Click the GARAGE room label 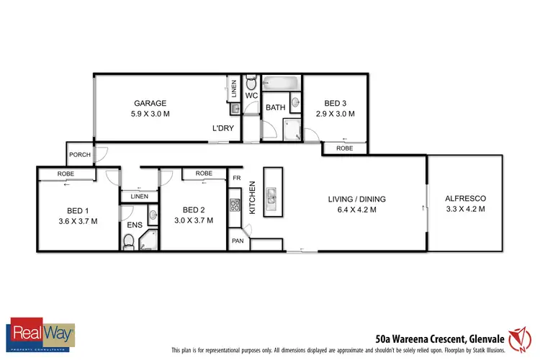pyautogui.click(x=150, y=103)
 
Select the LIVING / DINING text pyautogui.click(x=358, y=199)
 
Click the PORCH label pyautogui.click(x=78, y=155)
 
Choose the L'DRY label pyautogui.click(x=222, y=128)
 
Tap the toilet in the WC pyautogui.click(x=251, y=82)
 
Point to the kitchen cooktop pyautogui.click(x=234, y=204)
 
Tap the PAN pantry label pyautogui.click(x=238, y=242)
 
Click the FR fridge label pyautogui.click(x=236, y=177)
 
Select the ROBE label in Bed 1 pyautogui.click(x=66, y=174)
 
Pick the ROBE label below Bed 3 pyautogui.click(x=344, y=148)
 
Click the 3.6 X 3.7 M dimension pyautogui.click(x=77, y=221)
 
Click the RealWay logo pyautogui.click(x=41, y=333)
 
